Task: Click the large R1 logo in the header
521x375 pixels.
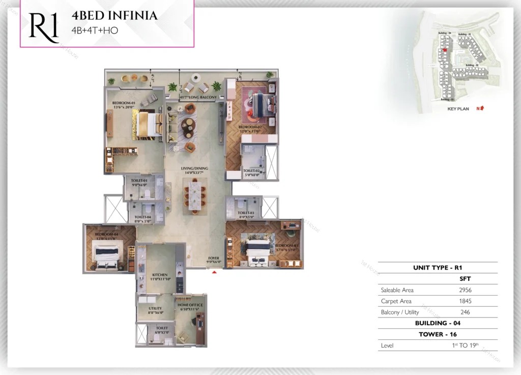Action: (x=44, y=25)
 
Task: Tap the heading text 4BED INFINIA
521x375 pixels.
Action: (x=114, y=16)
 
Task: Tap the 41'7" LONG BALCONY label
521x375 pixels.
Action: (x=198, y=97)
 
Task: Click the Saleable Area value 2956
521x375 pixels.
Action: (x=465, y=290)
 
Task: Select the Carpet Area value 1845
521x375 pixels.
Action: (x=465, y=301)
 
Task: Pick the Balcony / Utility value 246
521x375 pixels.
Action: (x=465, y=312)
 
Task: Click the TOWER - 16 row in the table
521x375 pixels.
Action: (x=438, y=334)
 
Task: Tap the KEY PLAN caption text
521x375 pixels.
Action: (x=458, y=108)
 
